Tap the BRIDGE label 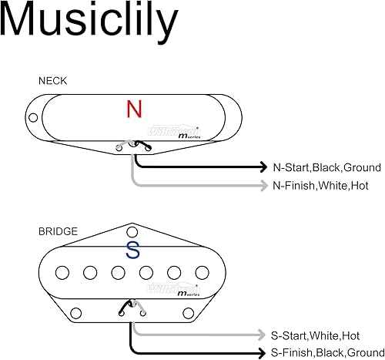click(x=57, y=230)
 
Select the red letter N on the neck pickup click(x=134, y=109)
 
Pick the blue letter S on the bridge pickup click(x=133, y=251)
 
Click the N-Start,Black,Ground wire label click(x=326, y=167)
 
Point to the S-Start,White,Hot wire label click(x=315, y=335)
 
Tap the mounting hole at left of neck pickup click(x=32, y=118)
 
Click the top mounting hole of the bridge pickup click(x=132, y=230)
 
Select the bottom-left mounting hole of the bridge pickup click(x=76, y=311)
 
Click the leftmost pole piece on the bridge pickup click(x=63, y=271)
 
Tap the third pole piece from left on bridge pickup click(x=119, y=271)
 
